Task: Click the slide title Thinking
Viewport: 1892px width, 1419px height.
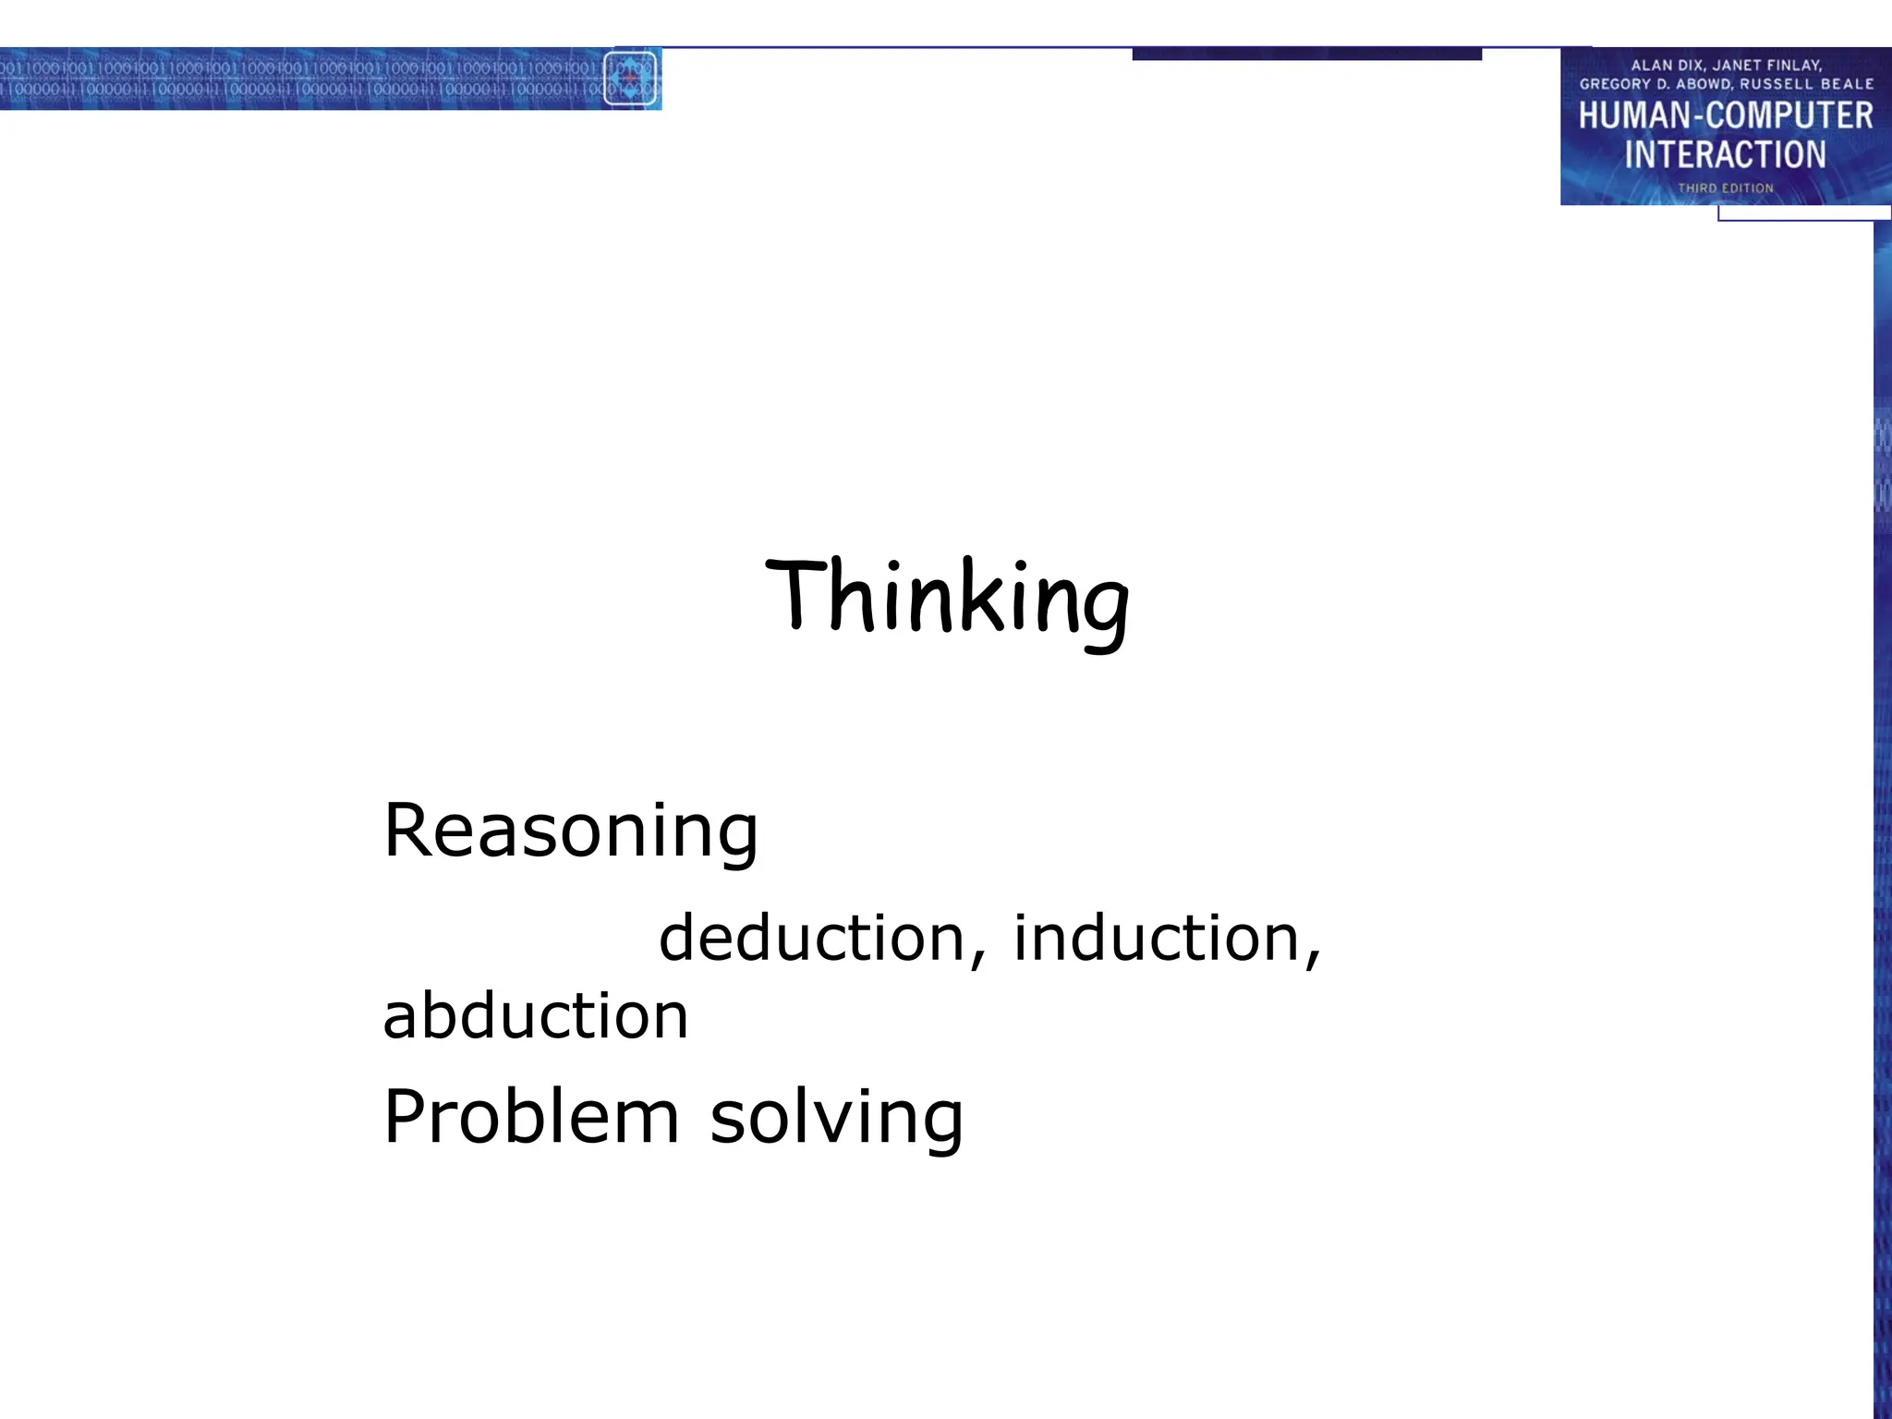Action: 947,598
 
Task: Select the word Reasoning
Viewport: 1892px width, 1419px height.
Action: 570,831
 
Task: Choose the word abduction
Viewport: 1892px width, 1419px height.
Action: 536,1016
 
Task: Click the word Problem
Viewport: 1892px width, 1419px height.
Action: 531,1117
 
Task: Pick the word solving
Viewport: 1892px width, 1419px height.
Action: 836,1119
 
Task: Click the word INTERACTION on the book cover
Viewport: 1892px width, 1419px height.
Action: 1725,154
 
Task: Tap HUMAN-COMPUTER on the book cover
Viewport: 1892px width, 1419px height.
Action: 1725,115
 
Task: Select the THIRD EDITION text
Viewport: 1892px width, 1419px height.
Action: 1725,188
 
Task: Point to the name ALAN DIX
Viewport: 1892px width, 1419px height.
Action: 1666,66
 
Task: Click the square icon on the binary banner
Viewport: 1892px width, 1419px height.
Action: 630,79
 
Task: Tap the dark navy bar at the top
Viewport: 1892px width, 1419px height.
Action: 1306,55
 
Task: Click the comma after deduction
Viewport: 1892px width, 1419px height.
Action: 978,959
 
